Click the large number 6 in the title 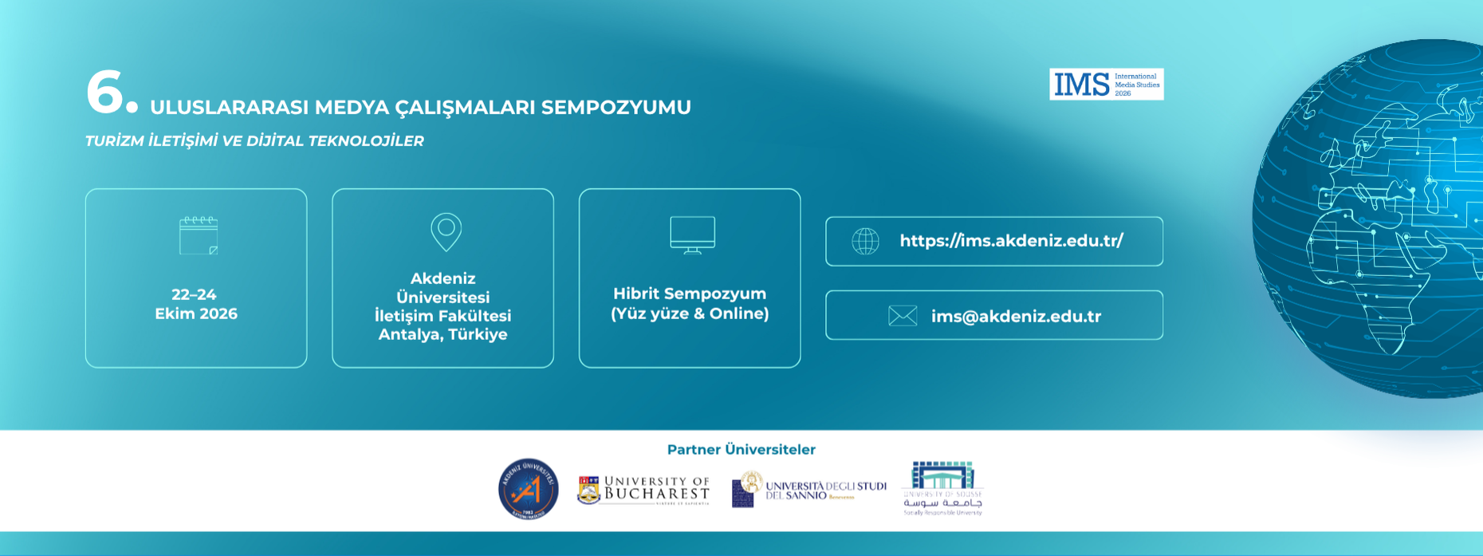pos(104,92)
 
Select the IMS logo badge pos(1106,84)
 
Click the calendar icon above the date pos(199,235)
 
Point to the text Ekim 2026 pos(196,313)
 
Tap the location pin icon pos(446,232)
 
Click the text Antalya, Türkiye pos(443,334)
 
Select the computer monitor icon pos(692,235)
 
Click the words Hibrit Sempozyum pos(690,294)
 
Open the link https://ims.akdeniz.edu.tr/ pos(1011,241)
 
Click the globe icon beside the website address pos(865,241)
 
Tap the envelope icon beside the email pos(903,316)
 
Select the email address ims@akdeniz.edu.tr pos(1016,316)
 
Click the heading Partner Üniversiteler pos(741,450)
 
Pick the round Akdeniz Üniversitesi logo pos(528,489)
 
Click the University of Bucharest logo pos(643,490)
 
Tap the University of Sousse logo pos(942,488)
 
